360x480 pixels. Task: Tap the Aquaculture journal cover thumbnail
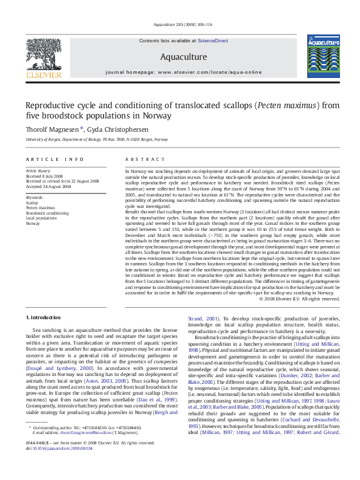click(x=319, y=56)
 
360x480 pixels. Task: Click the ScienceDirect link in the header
click(x=213, y=41)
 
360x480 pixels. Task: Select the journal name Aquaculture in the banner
click(x=183, y=57)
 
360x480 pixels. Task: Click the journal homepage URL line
click(x=183, y=72)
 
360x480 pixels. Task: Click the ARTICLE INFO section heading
click(x=55, y=160)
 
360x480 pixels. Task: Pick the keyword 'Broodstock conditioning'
click(x=47, y=213)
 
